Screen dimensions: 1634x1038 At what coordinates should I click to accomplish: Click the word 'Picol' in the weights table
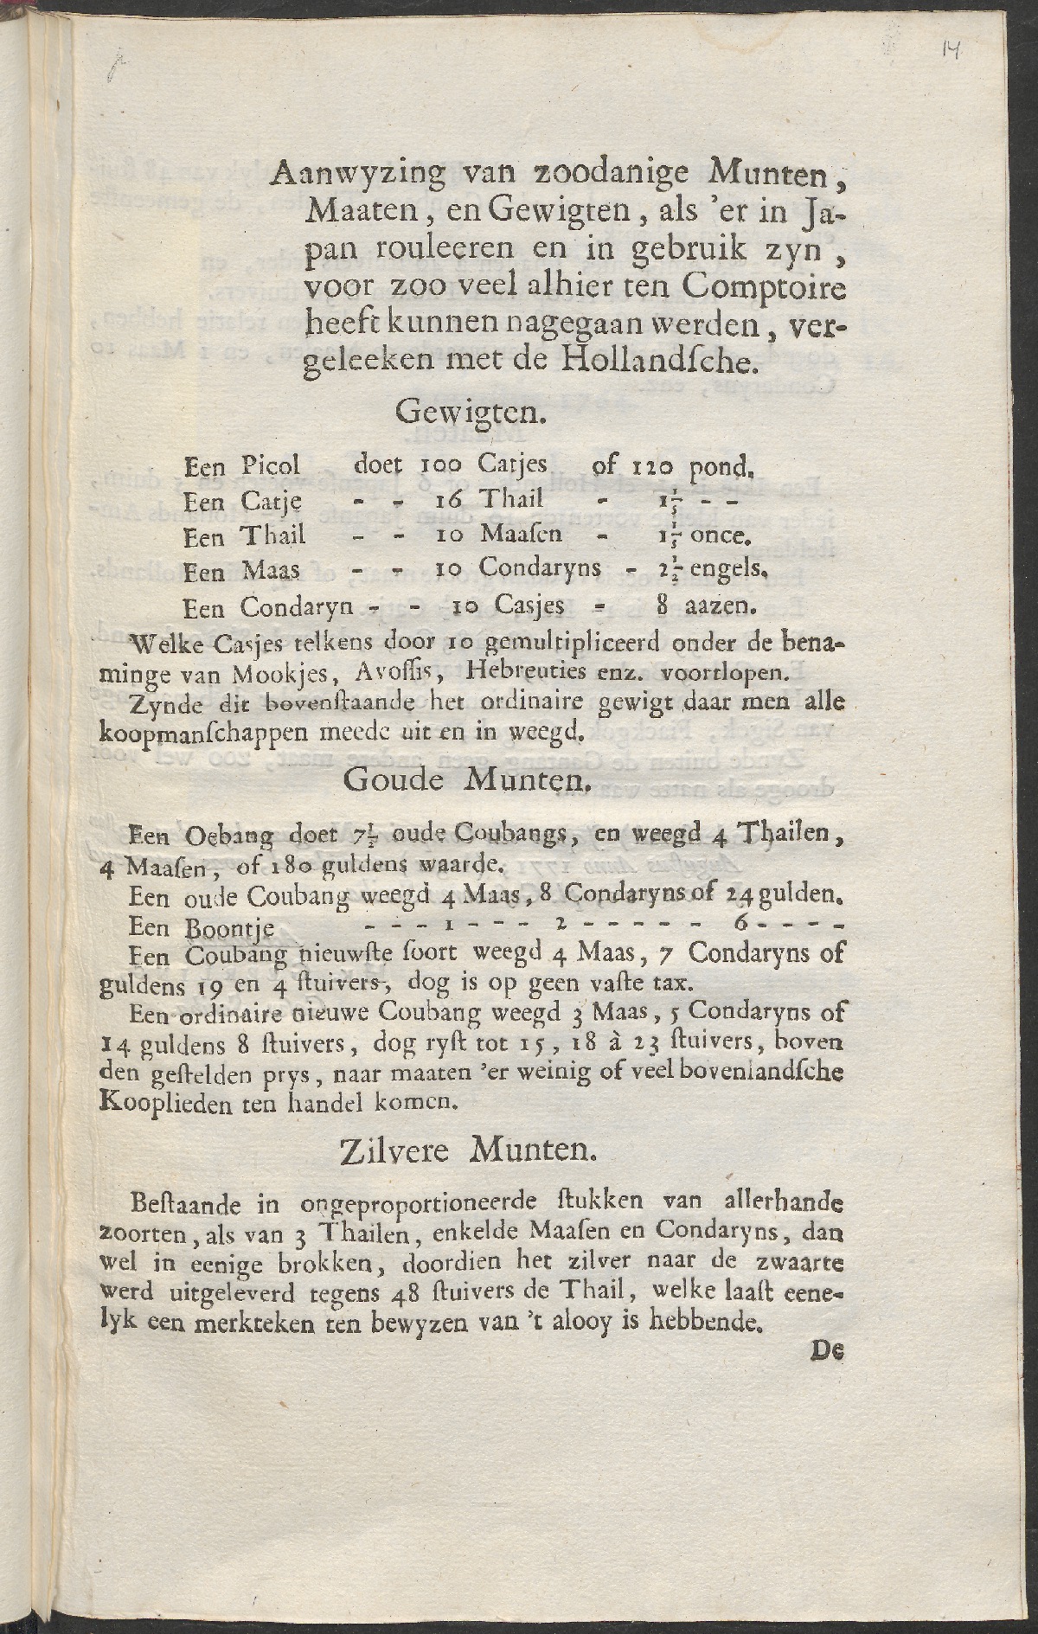271,466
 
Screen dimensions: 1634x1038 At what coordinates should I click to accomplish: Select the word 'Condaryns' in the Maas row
541,568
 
